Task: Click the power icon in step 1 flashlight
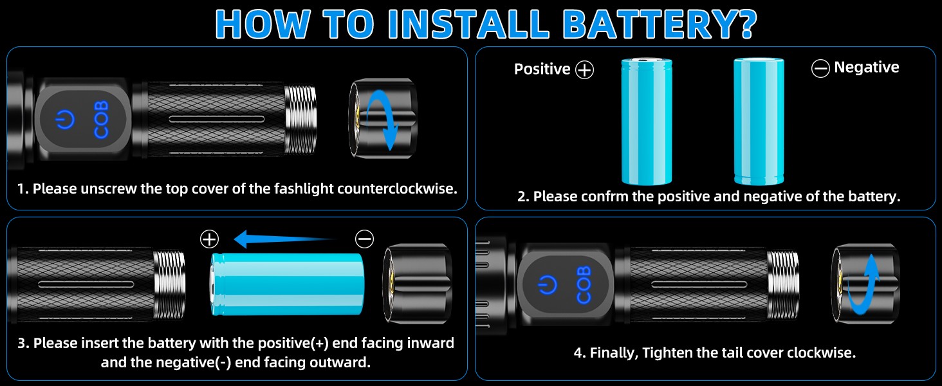pyautogui.click(x=66, y=120)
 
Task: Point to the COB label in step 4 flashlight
pyautogui.click(x=584, y=284)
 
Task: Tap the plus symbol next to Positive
pyautogui.click(x=584, y=69)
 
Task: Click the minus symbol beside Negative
pyautogui.click(x=820, y=69)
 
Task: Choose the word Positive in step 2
pyautogui.click(x=542, y=69)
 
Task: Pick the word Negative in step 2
pyautogui.click(x=866, y=68)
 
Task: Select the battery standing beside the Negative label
pyautogui.click(x=759, y=121)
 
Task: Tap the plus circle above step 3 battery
pyautogui.click(x=210, y=239)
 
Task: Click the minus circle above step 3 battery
pyautogui.click(x=364, y=239)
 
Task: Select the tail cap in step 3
pyautogui.click(x=416, y=283)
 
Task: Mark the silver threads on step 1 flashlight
pyautogui.click(x=300, y=120)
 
